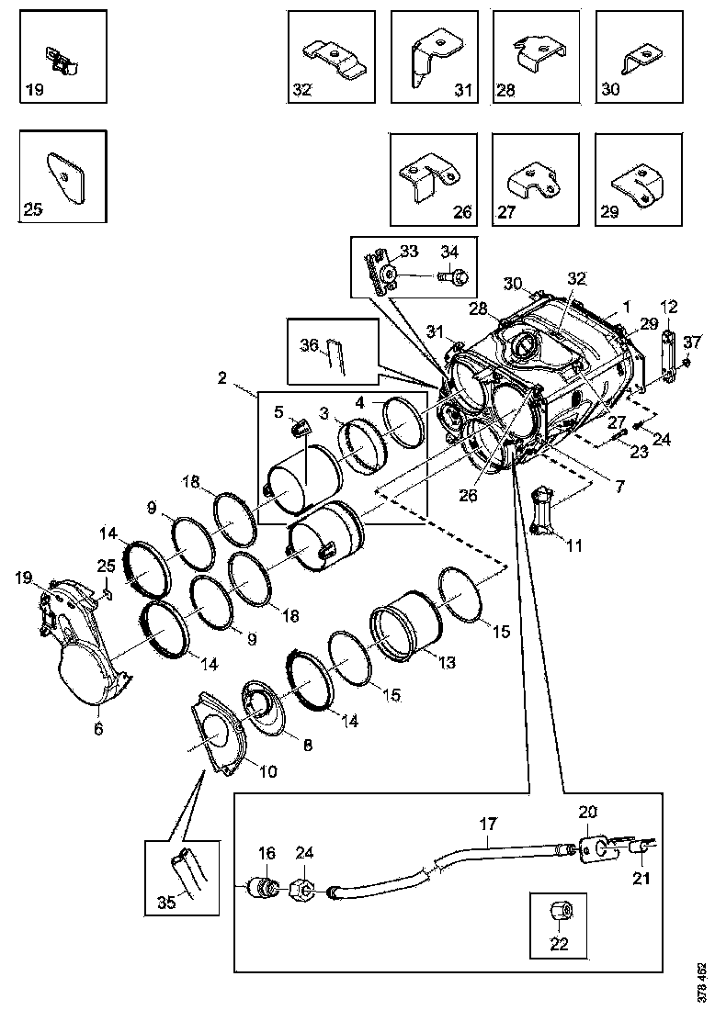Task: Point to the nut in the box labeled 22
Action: (560, 913)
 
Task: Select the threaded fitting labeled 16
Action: (265, 888)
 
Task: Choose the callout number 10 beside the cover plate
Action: (267, 771)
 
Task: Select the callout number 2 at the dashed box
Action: (222, 377)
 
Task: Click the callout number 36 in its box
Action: (310, 345)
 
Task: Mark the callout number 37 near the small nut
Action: (695, 342)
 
